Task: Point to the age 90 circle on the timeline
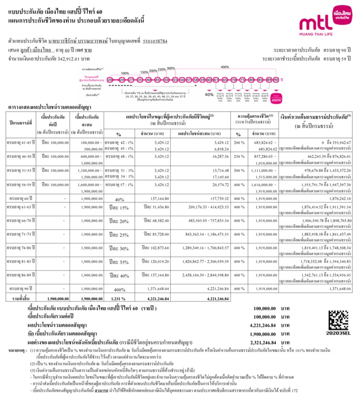pos(276,80)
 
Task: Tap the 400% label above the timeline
pos(225,67)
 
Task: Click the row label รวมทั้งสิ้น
pos(22,298)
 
